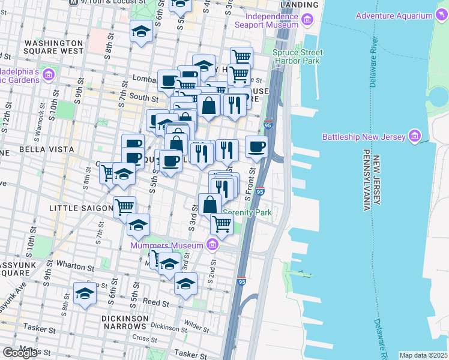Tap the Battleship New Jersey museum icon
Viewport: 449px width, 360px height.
414,136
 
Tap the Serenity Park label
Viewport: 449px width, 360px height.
247,212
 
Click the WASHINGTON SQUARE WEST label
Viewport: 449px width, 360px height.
55,47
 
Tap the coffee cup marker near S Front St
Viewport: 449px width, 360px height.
257,147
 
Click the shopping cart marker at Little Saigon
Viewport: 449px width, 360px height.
125,207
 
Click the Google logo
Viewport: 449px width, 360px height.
20,353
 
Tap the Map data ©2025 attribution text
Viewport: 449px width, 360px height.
424,355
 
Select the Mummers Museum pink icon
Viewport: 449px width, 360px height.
211,244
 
